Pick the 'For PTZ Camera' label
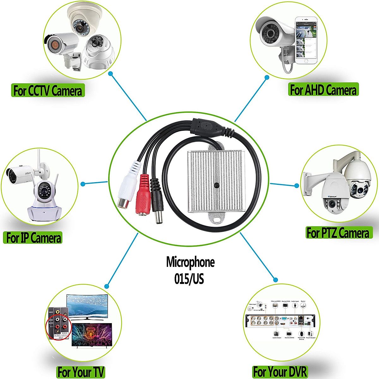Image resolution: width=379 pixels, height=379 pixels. pyautogui.click(x=338, y=233)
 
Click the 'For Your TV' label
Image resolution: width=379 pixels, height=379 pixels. pyautogui.click(x=81, y=372)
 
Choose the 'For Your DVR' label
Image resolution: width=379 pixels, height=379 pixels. pyautogui.click(x=280, y=371)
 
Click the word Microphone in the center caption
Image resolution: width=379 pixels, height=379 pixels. pyautogui.click(x=190, y=262)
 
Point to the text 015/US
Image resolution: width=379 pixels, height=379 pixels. pyautogui.click(x=189, y=279)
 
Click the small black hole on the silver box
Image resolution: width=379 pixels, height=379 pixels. pyautogui.click(x=217, y=185)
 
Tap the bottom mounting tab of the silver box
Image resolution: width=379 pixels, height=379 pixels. pyautogui.click(x=216, y=218)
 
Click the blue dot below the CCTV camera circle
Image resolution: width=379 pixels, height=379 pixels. pyautogui.click(x=111, y=74)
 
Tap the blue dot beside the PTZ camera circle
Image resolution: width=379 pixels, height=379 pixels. pyautogui.click(x=297, y=185)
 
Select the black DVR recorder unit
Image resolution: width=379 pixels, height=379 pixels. pyautogui.click(x=280, y=321)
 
